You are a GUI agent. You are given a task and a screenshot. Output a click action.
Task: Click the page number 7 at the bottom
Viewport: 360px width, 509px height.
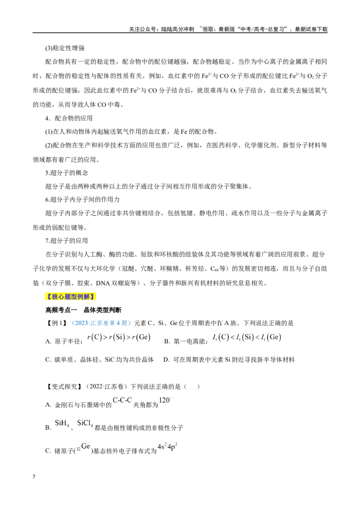tap(34, 477)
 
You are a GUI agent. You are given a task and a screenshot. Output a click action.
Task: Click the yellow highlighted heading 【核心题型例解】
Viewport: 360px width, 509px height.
tap(71, 296)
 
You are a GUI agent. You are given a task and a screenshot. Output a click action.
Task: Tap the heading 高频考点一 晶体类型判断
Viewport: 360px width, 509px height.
tap(83, 310)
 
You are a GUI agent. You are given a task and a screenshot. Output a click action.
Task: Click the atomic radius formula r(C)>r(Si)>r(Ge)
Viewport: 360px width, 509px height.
tap(119, 337)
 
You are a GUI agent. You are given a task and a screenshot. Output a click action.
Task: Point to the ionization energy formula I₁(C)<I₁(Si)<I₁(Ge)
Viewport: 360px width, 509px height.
tap(247, 337)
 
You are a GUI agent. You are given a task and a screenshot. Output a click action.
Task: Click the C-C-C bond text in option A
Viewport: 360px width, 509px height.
tap(122, 400)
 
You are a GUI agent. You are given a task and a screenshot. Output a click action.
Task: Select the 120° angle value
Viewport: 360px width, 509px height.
tap(165, 400)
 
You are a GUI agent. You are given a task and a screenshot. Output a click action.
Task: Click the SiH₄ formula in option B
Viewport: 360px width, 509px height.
tap(62, 423)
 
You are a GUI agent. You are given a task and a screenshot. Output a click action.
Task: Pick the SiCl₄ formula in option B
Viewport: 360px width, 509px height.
tap(85, 423)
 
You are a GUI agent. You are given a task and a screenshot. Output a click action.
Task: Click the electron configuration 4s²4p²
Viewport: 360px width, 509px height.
tap(167, 446)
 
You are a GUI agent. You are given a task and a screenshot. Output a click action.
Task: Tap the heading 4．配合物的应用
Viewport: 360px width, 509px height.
tap(69, 118)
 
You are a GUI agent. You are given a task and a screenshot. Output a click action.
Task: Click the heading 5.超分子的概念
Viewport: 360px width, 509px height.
tap(67, 173)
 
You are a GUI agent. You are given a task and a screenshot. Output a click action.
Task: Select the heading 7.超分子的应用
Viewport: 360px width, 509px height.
tap(67, 241)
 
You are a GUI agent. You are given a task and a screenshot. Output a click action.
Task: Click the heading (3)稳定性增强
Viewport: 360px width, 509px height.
tap(65, 48)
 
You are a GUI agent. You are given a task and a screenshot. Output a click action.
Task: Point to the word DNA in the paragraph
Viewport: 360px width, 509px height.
tap(103, 283)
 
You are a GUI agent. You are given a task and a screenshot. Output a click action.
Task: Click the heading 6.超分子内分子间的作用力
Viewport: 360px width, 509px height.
tap(82, 200)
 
